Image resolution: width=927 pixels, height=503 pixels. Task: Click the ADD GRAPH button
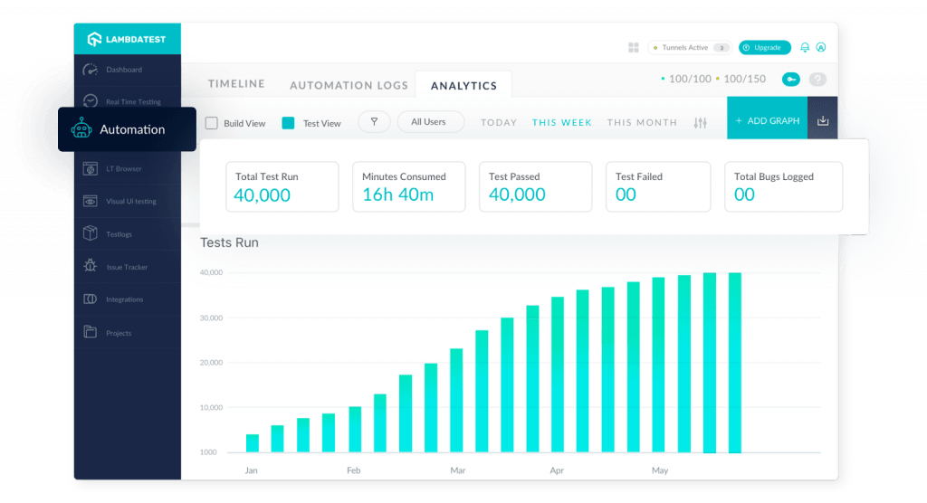pos(767,121)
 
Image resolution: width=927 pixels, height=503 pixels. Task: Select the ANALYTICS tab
pos(463,86)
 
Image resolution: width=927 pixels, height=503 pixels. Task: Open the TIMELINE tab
pos(236,84)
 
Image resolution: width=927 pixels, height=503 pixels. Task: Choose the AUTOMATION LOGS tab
pos(349,86)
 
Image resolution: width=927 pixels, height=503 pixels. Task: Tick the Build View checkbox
pos(212,123)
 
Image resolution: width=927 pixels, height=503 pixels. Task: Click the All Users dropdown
pos(429,122)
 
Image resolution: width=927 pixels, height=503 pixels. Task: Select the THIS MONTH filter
pos(642,122)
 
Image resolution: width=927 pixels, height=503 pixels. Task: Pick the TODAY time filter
pos(499,122)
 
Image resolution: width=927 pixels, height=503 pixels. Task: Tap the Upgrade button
pos(765,47)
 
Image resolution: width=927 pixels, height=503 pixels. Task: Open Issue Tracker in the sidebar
pos(126,267)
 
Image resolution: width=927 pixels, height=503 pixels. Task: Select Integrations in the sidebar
pos(124,299)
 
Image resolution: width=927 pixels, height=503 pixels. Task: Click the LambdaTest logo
pos(127,39)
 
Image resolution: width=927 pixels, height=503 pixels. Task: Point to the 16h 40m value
pos(397,195)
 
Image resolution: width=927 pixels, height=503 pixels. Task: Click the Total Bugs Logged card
pos(783,186)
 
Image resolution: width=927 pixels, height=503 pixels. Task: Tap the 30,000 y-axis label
pos(211,318)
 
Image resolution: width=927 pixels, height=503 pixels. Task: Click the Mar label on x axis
pos(458,470)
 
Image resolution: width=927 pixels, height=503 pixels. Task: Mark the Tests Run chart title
pos(229,242)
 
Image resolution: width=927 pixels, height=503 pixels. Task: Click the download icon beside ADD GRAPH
pos(823,121)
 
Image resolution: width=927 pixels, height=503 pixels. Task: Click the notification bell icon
pos(805,47)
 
